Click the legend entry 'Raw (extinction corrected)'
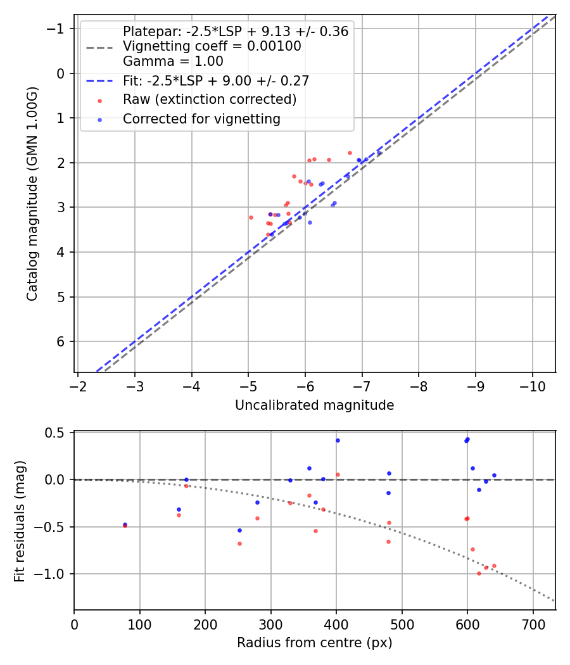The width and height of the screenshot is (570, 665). [209, 99]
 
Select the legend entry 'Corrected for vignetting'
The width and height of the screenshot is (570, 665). [201, 118]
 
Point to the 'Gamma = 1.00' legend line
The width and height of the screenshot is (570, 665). [173, 61]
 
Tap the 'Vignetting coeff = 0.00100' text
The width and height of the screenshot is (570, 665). [212, 46]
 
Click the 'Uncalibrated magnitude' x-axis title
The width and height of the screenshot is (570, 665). [314, 405]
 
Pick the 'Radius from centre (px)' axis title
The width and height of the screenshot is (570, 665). [314, 643]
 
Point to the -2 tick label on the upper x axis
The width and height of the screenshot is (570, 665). [78, 386]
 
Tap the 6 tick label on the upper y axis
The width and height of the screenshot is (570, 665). [61, 342]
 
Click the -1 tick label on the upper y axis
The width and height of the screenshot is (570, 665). [58, 29]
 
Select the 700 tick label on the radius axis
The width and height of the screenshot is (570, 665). [533, 624]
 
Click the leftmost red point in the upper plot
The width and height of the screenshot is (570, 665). [251, 217]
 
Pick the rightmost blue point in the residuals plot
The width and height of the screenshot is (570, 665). [494, 475]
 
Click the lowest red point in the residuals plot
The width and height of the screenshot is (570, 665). [479, 573]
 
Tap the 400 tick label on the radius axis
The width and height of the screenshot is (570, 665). [336, 624]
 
